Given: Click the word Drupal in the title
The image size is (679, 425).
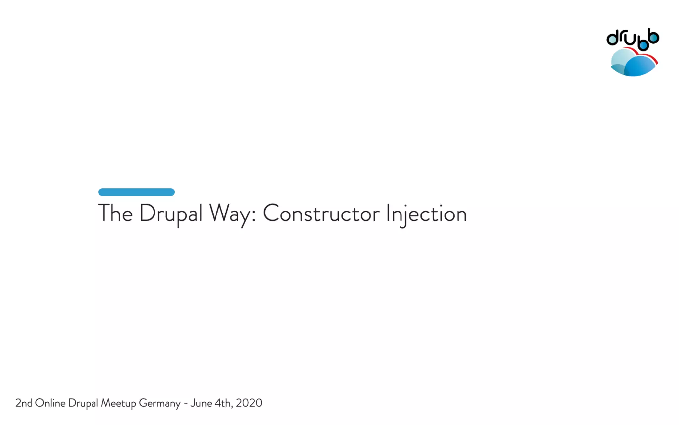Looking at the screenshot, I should pyautogui.click(x=170, y=213).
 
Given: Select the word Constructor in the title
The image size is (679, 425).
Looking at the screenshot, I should pyautogui.click(x=321, y=213).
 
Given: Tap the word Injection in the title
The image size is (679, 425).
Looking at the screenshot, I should pyautogui.click(x=426, y=214).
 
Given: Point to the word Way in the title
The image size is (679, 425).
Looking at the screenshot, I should pyautogui.click(x=229, y=214).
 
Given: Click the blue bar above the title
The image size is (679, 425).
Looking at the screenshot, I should pyautogui.click(x=137, y=192).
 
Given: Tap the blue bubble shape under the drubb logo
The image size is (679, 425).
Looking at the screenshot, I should pyautogui.click(x=641, y=66).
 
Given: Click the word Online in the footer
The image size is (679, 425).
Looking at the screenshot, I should pyautogui.click(x=50, y=403).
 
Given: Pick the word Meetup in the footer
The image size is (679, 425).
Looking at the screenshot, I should pyautogui.click(x=118, y=403).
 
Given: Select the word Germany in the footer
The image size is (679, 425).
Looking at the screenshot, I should pyautogui.click(x=159, y=403).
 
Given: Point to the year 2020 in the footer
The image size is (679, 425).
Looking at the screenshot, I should pyautogui.click(x=249, y=403).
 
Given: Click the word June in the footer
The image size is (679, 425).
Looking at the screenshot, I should pyautogui.click(x=201, y=403).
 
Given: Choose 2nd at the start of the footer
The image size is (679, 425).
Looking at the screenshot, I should pyautogui.click(x=24, y=403).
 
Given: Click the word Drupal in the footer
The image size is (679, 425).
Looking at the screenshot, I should pyautogui.click(x=83, y=403).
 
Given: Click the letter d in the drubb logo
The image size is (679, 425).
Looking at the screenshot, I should pyautogui.click(x=613, y=38).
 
